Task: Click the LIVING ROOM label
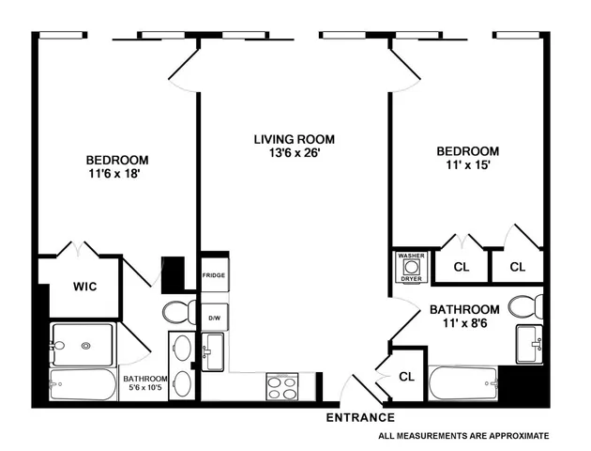point(294,139)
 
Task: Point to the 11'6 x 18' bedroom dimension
point(117,174)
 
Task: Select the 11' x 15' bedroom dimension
point(467,165)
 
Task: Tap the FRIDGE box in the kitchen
point(214,275)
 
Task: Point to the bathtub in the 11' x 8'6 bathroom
point(463,384)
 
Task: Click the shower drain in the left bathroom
point(86,345)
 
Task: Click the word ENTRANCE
point(360,417)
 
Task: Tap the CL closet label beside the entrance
point(406,377)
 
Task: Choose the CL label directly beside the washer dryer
point(461,267)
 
